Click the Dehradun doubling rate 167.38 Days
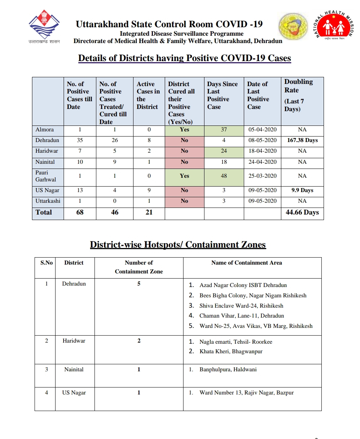coord(302,140)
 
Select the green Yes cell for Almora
coord(185,130)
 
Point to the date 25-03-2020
coord(262,176)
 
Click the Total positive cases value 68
coord(80,212)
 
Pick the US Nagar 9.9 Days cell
coord(302,190)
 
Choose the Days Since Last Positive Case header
coord(222,95)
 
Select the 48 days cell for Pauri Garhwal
coord(224,176)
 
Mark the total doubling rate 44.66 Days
coord(302,212)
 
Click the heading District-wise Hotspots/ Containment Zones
coord(178,245)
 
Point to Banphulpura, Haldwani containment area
coord(228,369)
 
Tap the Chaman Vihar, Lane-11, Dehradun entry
coord(242,316)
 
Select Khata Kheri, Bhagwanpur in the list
coord(231,351)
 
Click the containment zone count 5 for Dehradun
coord(139,284)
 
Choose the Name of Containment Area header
coord(246,263)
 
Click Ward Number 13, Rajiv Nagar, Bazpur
coord(246,393)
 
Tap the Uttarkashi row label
coord(48,201)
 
